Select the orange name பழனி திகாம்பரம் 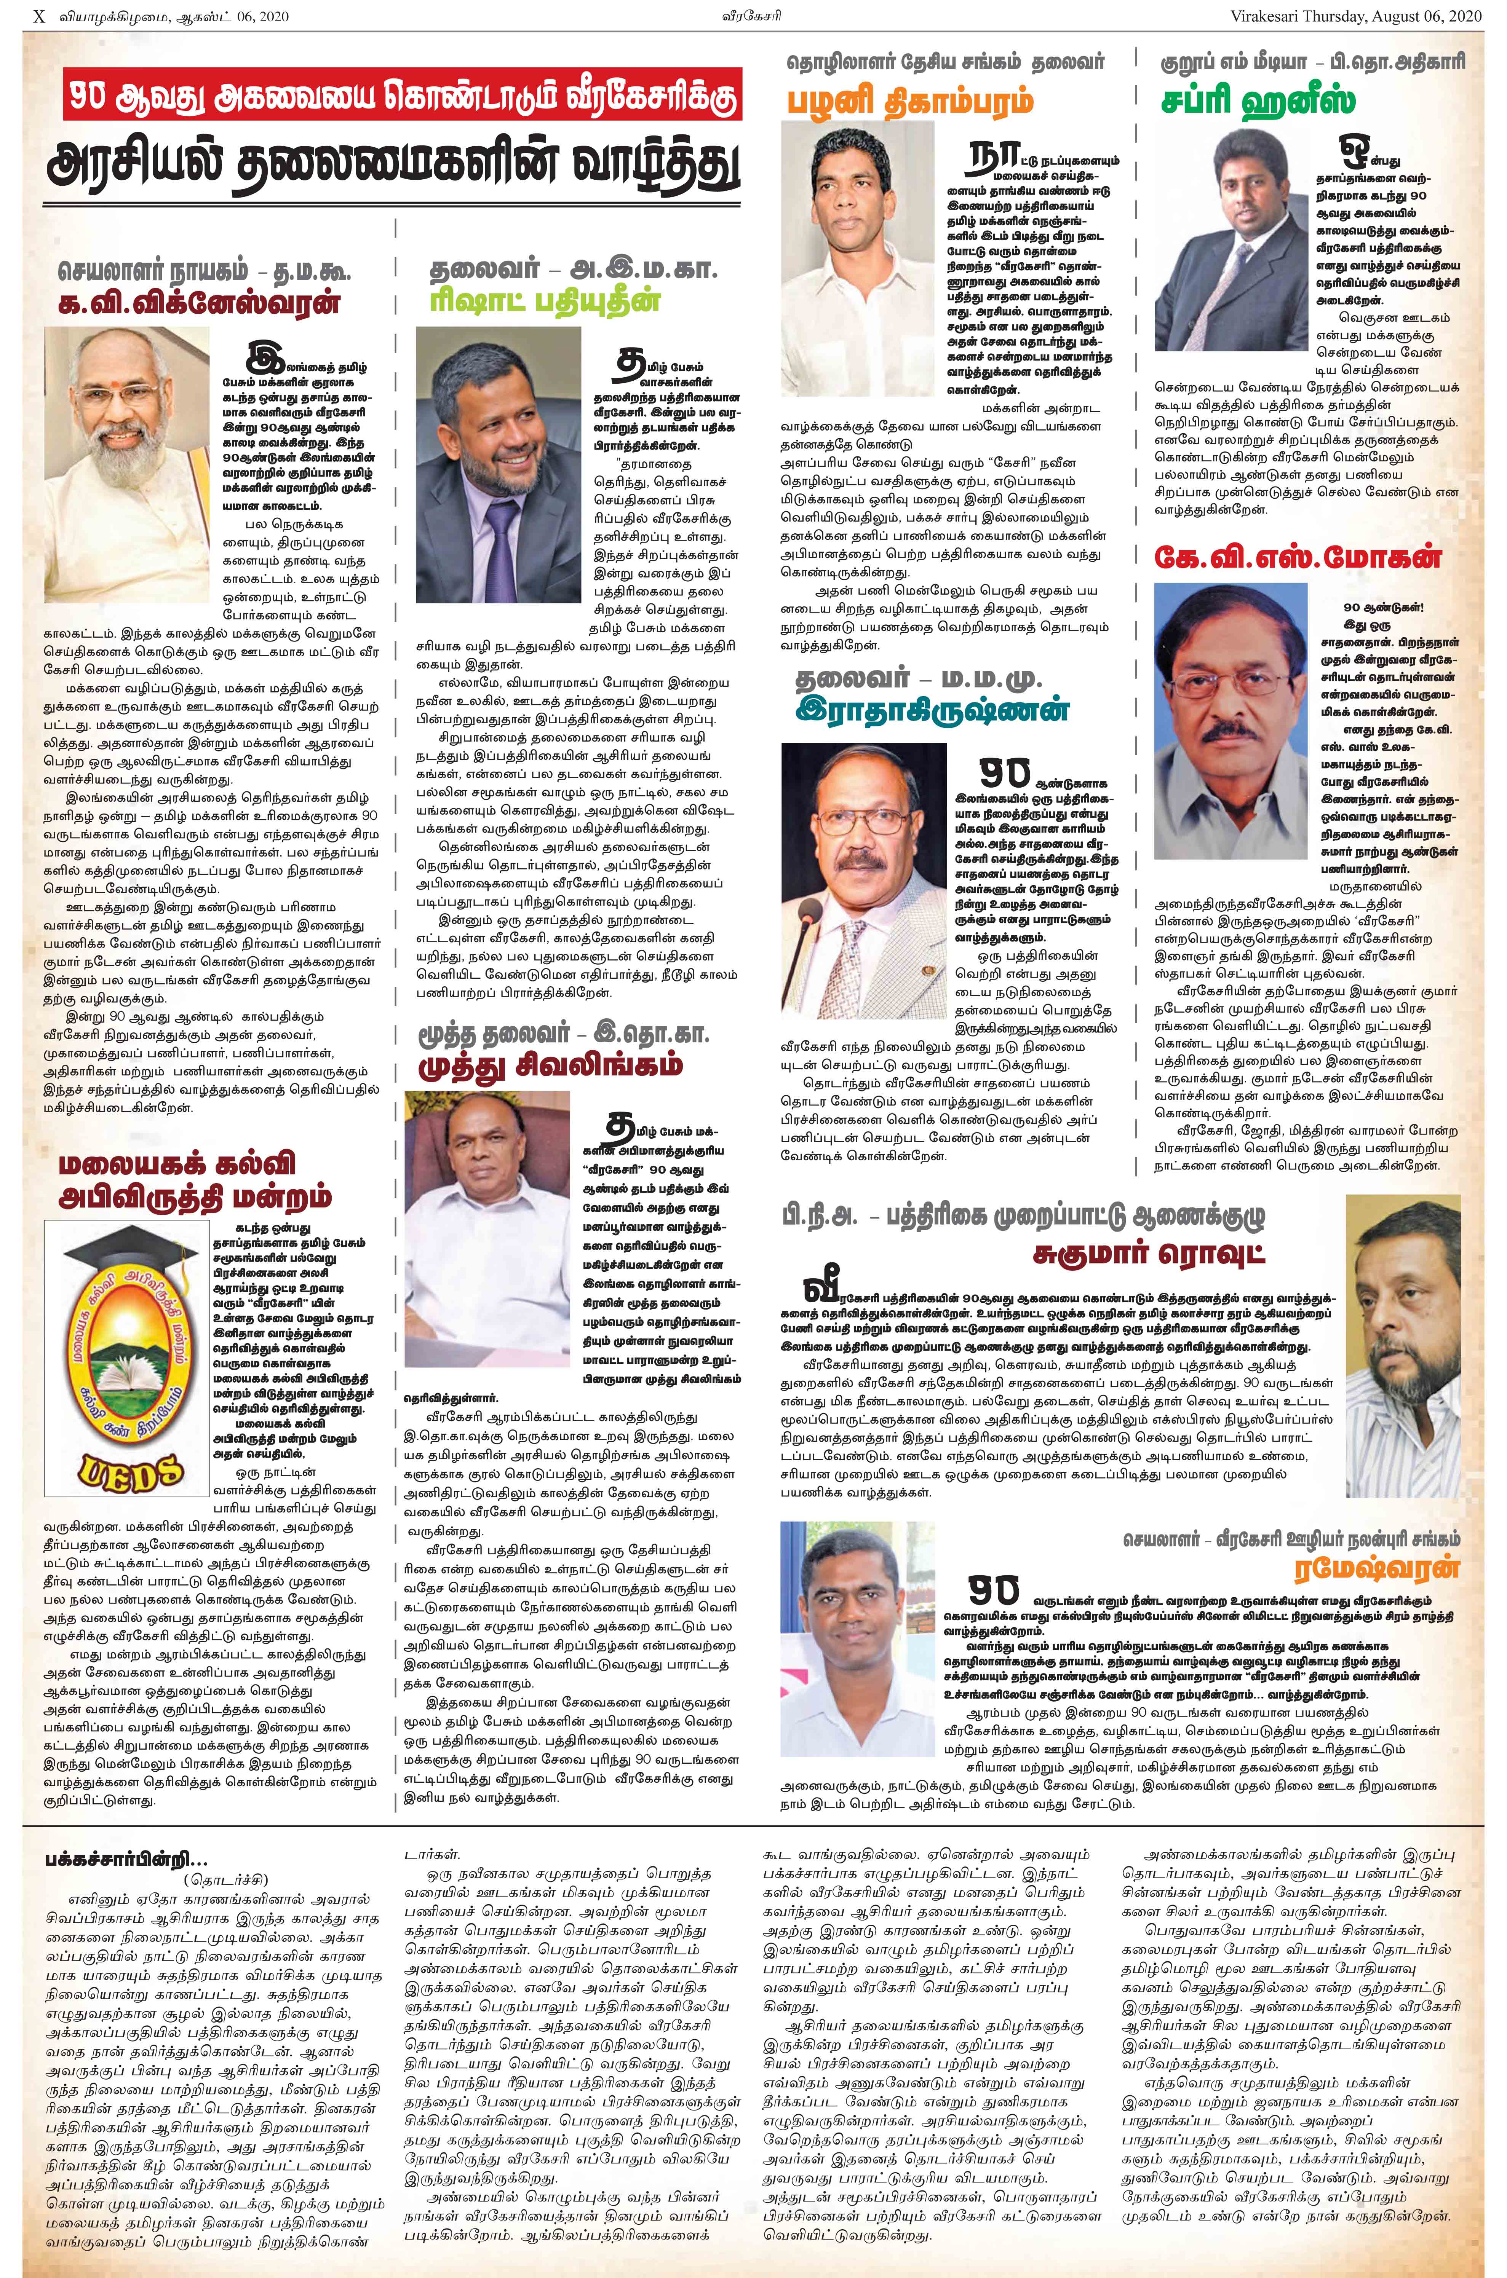(x=913, y=101)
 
